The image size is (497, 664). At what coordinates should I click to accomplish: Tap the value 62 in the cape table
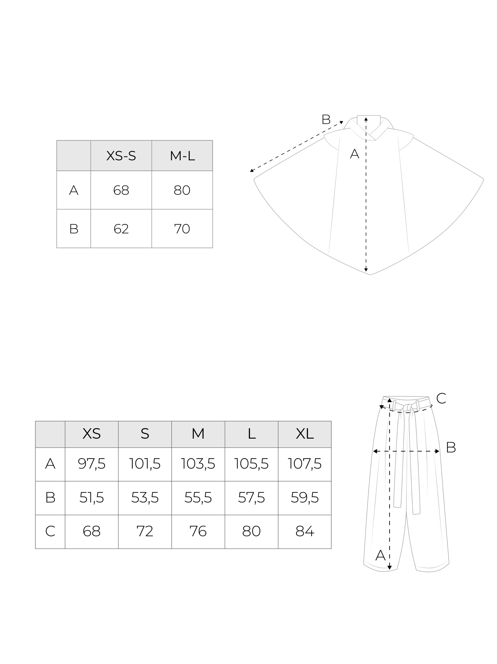tap(121, 229)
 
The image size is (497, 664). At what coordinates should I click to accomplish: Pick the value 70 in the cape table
tap(182, 229)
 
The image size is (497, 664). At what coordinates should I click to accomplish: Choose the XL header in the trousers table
tap(305, 433)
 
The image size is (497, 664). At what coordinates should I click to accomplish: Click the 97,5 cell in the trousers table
tap(91, 464)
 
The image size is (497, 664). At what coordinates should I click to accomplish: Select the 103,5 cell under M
tap(198, 464)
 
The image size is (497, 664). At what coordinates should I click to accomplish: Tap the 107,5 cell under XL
tap(305, 464)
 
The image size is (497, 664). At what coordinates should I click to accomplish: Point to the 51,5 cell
tap(91, 498)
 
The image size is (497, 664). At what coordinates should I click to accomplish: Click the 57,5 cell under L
tap(251, 498)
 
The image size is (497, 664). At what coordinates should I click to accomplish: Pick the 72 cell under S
tap(145, 531)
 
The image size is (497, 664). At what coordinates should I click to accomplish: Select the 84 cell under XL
tap(305, 531)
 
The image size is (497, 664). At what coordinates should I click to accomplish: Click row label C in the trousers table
tap(50, 531)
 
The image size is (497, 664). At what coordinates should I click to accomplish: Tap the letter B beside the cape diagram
tap(326, 120)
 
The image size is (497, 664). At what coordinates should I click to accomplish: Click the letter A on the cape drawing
tap(354, 154)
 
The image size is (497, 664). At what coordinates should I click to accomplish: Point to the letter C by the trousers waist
tap(441, 399)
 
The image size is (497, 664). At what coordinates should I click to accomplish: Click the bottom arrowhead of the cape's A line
tap(366, 270)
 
